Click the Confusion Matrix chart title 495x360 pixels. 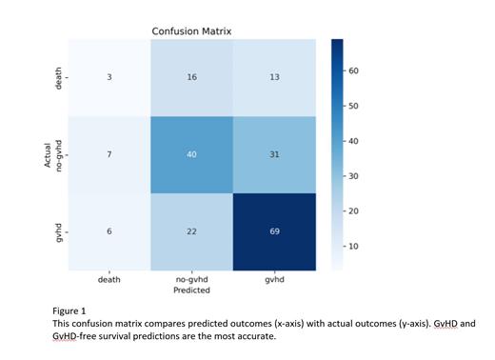coord(191,31)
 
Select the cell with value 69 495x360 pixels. coord(274,231)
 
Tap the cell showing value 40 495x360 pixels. coord(191,154)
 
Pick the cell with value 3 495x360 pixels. coord(109,77)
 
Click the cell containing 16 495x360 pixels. coord(191,77)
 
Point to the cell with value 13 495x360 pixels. coord(274,77)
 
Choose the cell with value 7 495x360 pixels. coord(109,154)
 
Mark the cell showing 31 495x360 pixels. coord(274,154)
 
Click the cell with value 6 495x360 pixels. coord(109,231)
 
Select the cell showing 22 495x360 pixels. coord(191,231)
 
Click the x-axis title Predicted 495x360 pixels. coord(191,290)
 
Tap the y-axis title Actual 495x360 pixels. coord(46,154)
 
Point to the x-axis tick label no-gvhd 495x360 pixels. coord(191,279)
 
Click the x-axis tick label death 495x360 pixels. coord(109,279)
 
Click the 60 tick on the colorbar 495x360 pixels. coord(353,72)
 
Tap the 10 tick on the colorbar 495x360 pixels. coord(353,246)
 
